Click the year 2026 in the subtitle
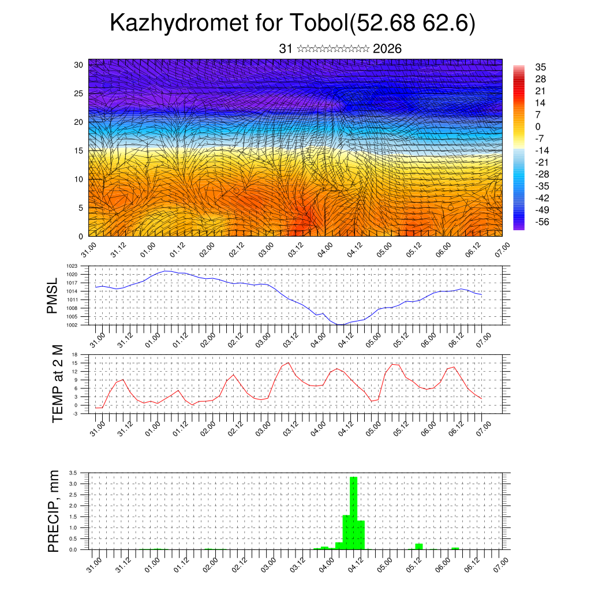[x=387, y=49]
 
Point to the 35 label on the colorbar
[x=541, y=67]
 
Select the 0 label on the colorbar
[x=538, y=126]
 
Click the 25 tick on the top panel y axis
[x=78, y=93]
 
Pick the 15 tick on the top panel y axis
[x=78, y=151]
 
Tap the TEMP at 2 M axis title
[x=57, y=384]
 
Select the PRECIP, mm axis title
[x=54, y=511]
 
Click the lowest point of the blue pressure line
[x=340, y=324]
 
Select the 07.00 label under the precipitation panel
[x=501, y=563]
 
